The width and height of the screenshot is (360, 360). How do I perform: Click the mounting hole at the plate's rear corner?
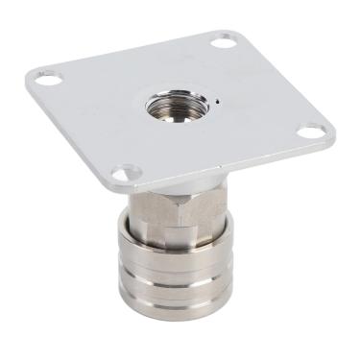(x=223, y=41)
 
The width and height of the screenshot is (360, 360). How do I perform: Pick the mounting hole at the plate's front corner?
(x=121, y=174)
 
